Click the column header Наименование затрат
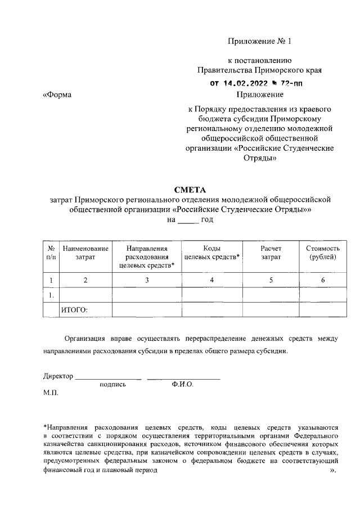click(85, 253)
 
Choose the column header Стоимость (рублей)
click(322, 253)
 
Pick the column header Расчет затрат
click(271, 253)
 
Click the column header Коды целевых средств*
click(212, 253)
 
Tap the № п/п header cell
click(51, 253)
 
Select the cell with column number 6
click(322, 280)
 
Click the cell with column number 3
click(147, 280)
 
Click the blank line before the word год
click(188, 220)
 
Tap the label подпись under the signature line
click(112, 385)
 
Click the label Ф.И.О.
click(183, 385)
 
